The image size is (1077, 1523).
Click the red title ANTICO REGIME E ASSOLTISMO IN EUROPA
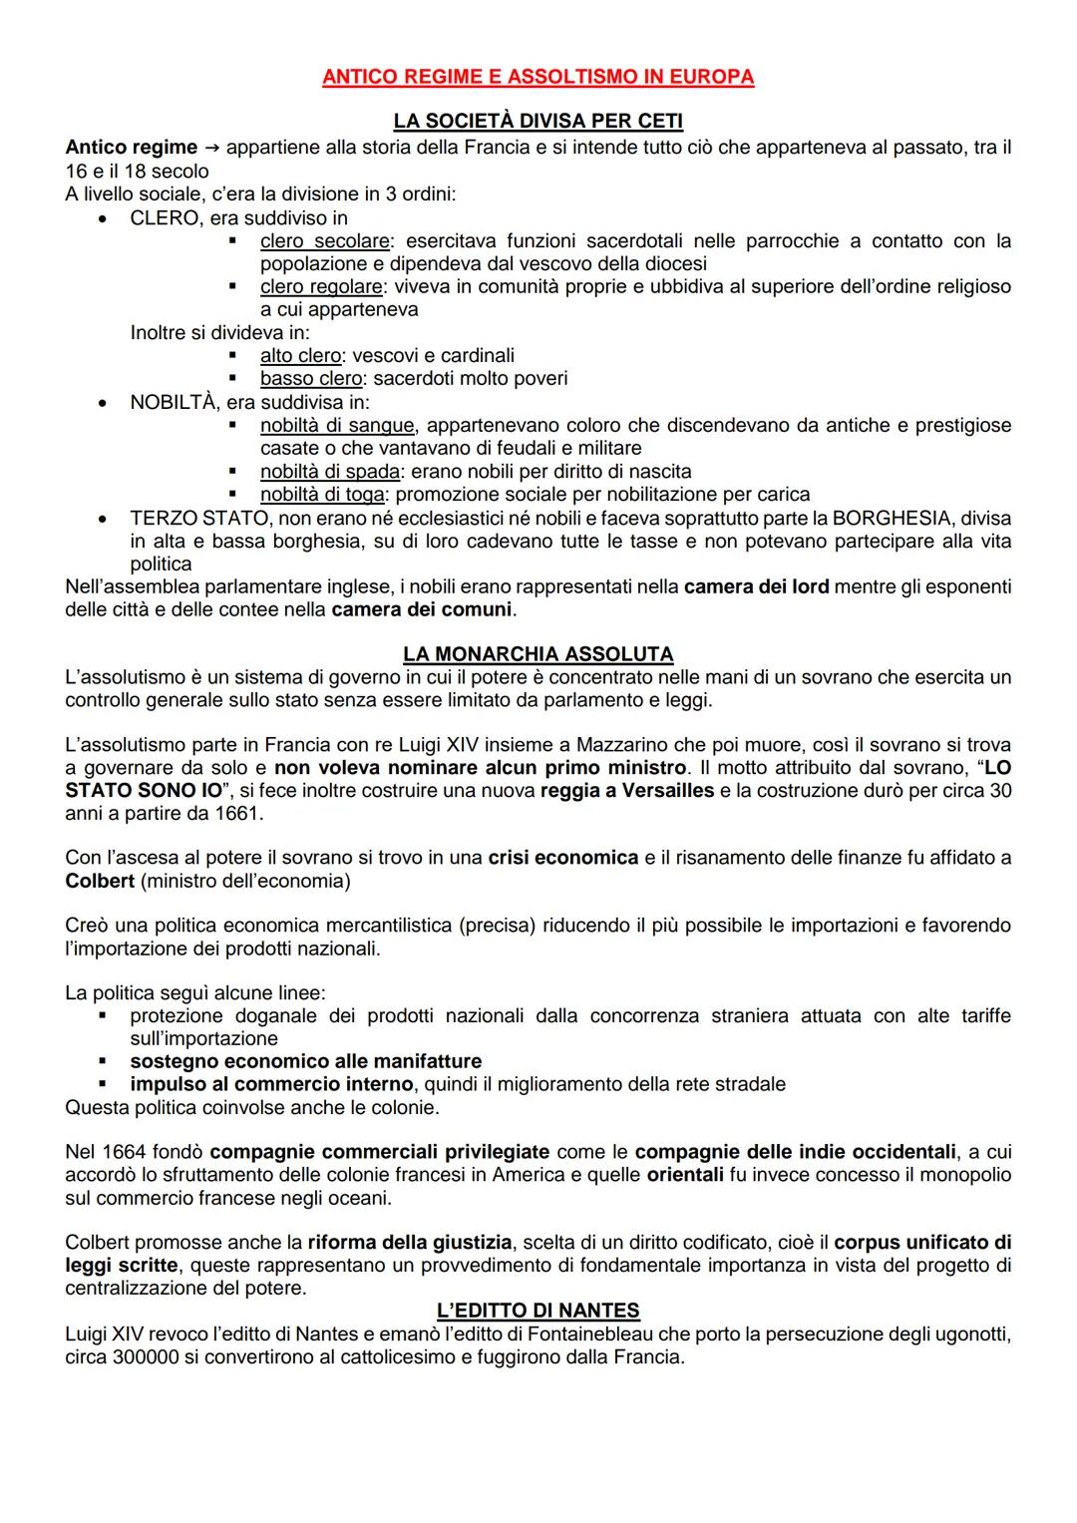point(538,77)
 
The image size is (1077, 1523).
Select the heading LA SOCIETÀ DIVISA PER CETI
point(538,121)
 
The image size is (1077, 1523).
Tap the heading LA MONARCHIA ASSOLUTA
point(538,654)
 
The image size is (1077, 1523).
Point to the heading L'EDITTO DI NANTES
point(538,1311)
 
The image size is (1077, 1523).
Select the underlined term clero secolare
point(324,241)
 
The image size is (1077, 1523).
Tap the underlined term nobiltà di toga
point(322,495)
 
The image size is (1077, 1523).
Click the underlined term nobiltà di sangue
point(336,426)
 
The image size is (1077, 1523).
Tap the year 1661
point(240,813)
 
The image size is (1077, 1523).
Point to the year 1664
point(120,1153)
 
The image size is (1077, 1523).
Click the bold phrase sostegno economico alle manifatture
point(305,1061)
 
